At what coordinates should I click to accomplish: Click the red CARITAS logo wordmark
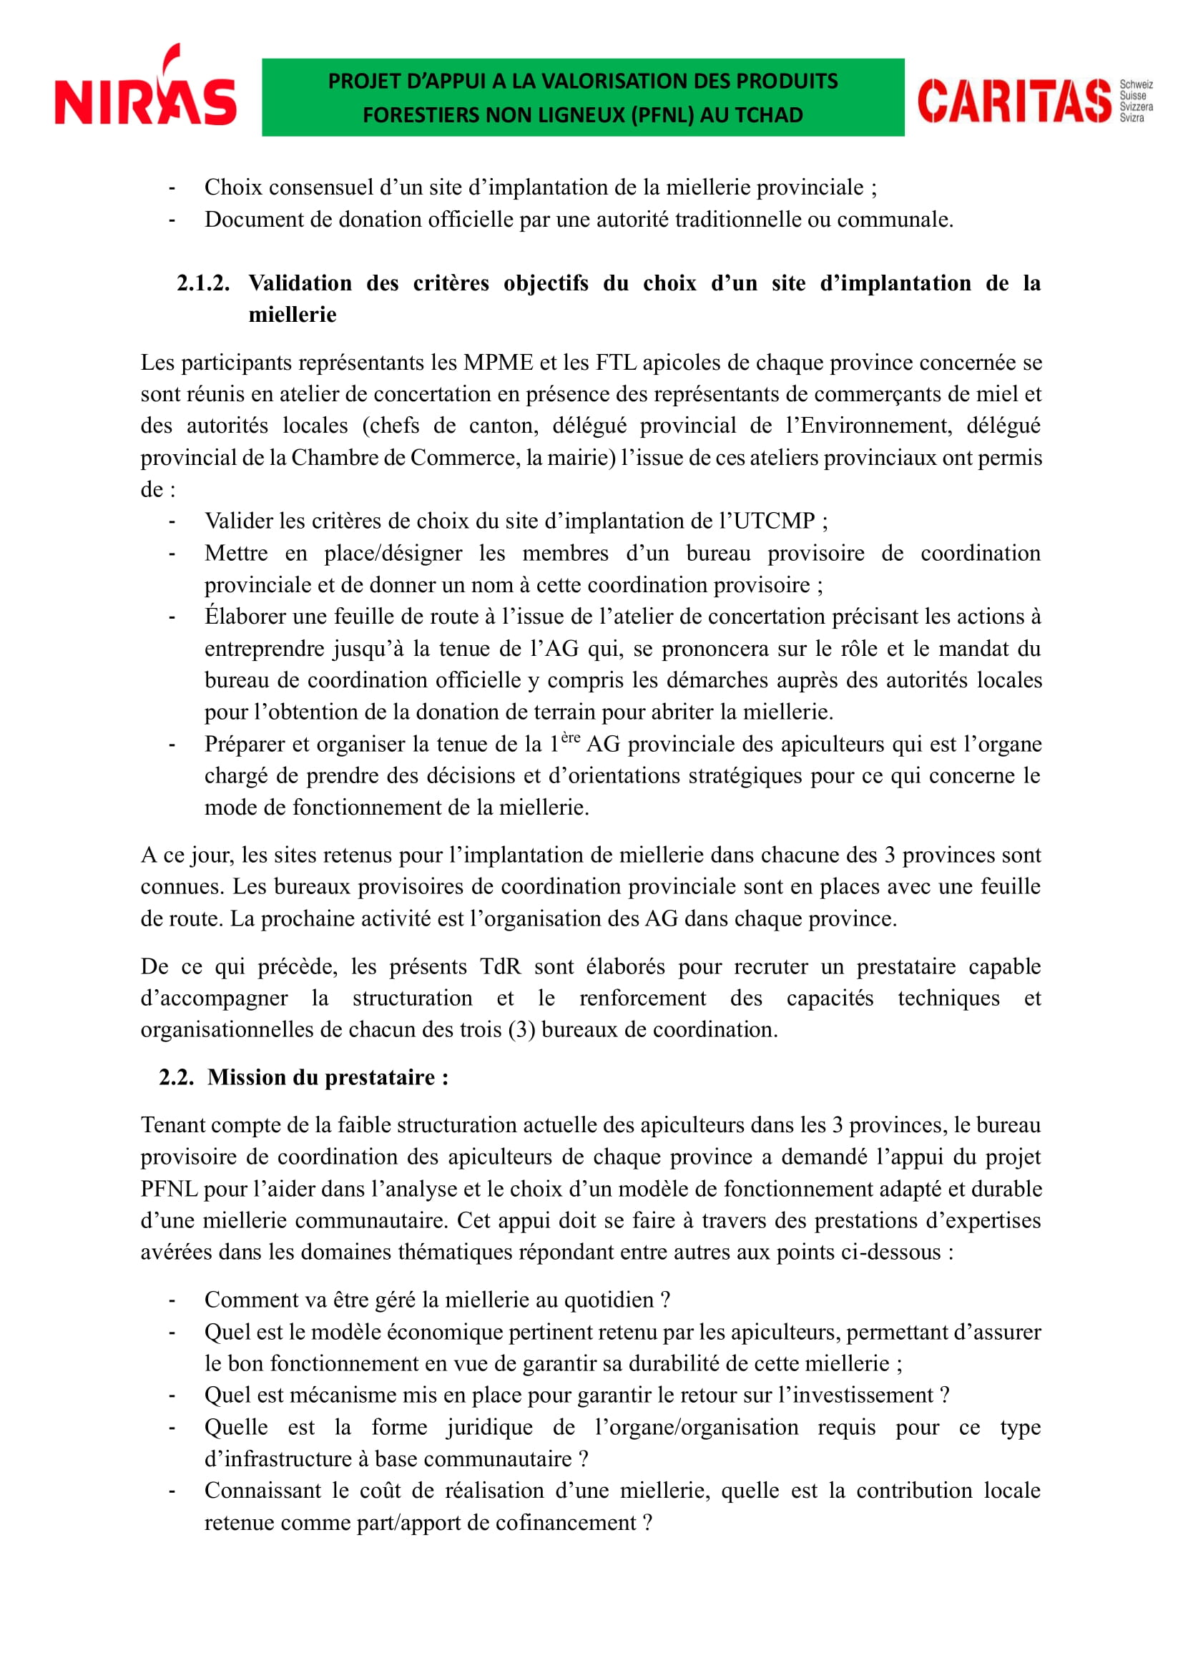click(x=1013, y=102)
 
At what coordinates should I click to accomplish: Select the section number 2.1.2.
click(x=202, y=283)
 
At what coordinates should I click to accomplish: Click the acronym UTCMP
click(x=774, y=521)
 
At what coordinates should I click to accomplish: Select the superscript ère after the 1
click(x=570, y=737)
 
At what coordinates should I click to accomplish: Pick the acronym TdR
click(x=501, y=966)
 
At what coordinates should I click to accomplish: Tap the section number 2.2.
click(x=176, y=1077)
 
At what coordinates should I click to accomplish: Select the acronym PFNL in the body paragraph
click(x=169, y=1189)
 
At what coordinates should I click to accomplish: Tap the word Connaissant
click(x=262, y=1491)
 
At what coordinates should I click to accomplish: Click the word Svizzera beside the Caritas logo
click(x=1136, y=107)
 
